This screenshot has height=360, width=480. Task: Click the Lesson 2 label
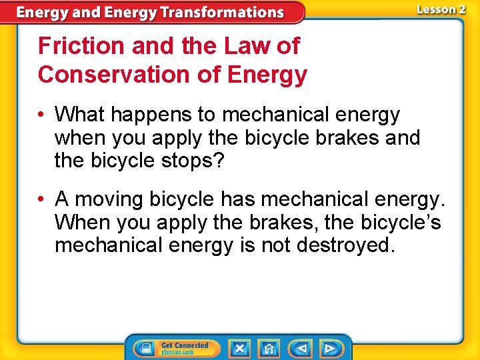click(441, 9)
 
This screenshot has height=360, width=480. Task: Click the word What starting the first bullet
click(79, 115)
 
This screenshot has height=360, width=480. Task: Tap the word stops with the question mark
click(205, 161)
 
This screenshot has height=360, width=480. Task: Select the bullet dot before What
click(42, 115)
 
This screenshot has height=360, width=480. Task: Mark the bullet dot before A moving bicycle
click(42, 199)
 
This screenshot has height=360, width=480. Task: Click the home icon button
click(269, 348)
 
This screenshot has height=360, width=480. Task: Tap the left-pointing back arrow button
click(301, 348)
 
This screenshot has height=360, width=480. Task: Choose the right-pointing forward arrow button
click(330, 348)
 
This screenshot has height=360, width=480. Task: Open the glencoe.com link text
click(177, 352)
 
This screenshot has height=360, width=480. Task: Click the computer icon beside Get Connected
click(145, 348)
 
